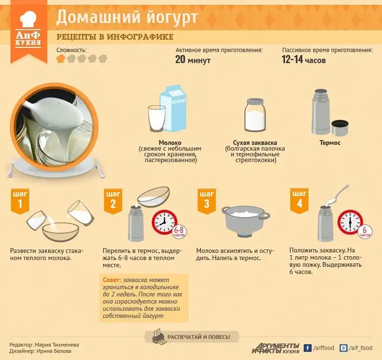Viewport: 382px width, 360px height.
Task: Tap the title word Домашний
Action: point(99,17)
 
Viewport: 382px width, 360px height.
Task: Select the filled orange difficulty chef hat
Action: point(61,58)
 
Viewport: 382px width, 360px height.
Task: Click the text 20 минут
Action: point(193,59)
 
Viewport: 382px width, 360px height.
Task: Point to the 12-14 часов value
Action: point(304,59)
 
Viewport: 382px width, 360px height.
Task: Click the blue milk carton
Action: point(173,109)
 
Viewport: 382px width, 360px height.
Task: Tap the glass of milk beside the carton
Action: point(157,119)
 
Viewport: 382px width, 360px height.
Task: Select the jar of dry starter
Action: point(255,115)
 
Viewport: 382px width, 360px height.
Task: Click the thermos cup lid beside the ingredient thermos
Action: point(340,128)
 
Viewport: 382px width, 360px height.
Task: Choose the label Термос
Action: point(330,142)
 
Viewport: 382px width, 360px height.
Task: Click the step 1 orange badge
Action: point(20,201)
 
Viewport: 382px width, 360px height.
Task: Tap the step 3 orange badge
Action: point(207,201)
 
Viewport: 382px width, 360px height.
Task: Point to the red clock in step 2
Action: point(164,222)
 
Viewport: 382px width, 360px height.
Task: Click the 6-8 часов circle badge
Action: point(180,231)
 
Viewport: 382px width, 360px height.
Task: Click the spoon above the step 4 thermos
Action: point(339,195)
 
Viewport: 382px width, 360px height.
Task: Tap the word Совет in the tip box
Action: point(112,280)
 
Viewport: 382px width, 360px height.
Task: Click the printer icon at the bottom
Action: point(159,337)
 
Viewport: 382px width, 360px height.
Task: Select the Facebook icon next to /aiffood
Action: point(308,348)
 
